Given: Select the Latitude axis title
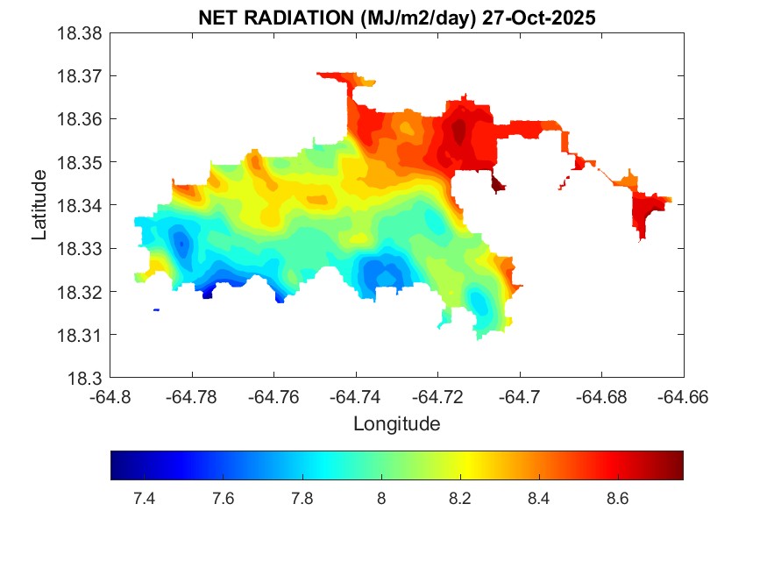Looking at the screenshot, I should [x=39, y=206].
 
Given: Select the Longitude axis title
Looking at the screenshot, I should [x=396, y=424].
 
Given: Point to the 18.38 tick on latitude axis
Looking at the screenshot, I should [x=82, y=33].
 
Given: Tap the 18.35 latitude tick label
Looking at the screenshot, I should [x=82, y=163].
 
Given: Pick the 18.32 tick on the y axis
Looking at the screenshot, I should [x=82, y=292].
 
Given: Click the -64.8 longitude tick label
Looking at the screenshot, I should [x=110, y=397].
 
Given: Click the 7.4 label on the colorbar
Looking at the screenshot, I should [x=144, y=499].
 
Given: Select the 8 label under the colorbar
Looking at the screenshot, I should [x=380, y=499].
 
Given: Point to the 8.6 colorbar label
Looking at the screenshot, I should [x=617, y=499].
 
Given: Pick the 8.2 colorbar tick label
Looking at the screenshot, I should [x=459, y=499].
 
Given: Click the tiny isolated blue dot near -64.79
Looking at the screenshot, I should [x=156, y=309].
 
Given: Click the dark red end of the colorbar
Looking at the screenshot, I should [x=678, y=465].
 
